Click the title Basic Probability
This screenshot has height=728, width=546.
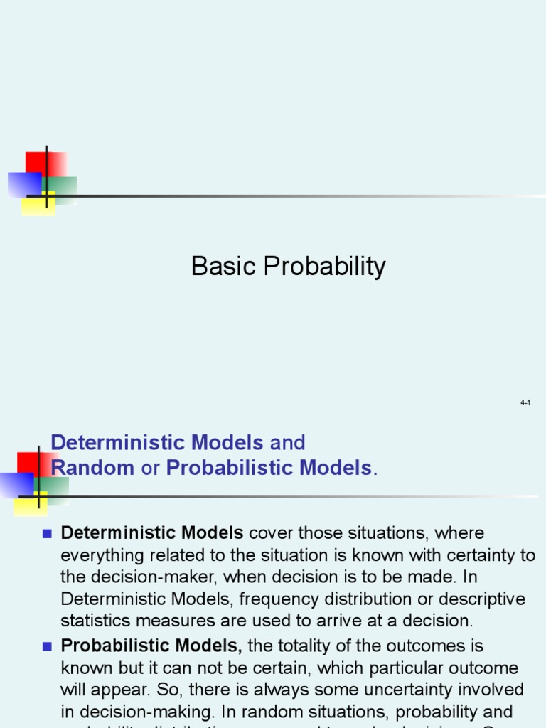click(288, 267)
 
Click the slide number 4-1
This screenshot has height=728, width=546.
click(525, 403)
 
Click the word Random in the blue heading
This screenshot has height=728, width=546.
click(92, 468)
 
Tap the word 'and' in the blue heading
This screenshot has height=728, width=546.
click(287, 443)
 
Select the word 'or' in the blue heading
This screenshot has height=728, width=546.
click(150, 468)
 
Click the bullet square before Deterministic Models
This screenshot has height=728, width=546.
click(48, 533)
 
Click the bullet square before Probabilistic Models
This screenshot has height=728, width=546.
click(48, 646)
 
